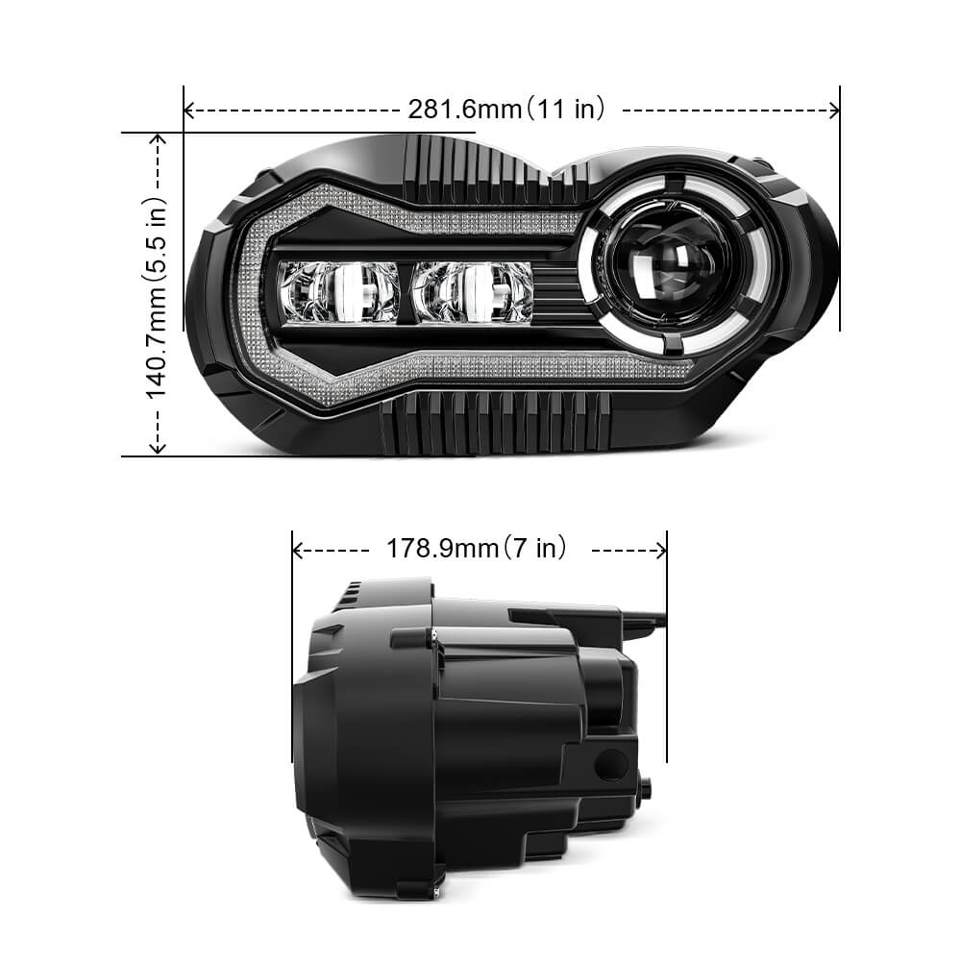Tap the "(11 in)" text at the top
(x=565, y=110)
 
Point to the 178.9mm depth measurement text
(x=441, y=549)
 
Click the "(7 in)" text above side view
(x=534, y=549)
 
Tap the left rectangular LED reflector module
(x=338, y=292)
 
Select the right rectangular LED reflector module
(x=472, y=292)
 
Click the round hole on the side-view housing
(x=608, y=765)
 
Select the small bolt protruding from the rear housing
(x=644, y=788)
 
